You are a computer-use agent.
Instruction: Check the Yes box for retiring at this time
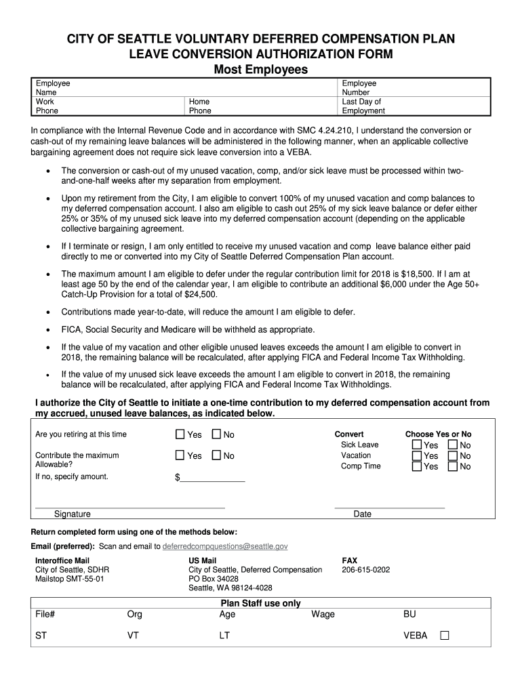(180, 434)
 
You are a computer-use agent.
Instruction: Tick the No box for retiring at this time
(216, 434)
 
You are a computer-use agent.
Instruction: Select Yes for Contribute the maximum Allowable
(180, 455)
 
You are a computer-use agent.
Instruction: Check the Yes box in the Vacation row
(416, 456)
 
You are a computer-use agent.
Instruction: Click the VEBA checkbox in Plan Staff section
(445, 636)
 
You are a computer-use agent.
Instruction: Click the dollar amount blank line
(212, 478)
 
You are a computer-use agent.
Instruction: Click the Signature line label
(73, 514)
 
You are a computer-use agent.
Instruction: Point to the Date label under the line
(363, 514)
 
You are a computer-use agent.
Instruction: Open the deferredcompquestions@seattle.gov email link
(225, 546)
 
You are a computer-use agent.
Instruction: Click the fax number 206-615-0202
(366, 570)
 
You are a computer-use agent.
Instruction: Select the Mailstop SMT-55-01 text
(70, 579)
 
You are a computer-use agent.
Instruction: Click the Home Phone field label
(200, 106)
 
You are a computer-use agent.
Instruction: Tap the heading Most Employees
(261, 70)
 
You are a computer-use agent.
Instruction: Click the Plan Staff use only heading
(261, 603)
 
